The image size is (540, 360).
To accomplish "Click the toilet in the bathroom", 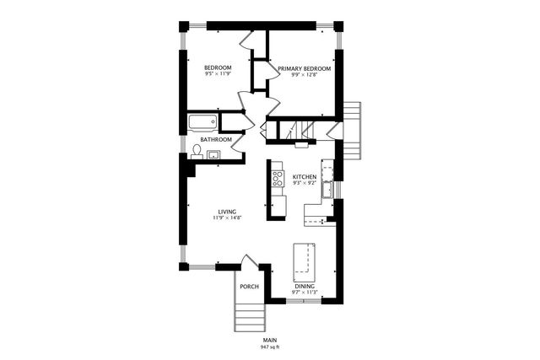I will point(197,152).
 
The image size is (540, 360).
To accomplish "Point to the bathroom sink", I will point(213,154).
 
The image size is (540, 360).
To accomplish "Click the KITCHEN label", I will point(305,176).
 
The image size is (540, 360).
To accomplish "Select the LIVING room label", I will point(227,211).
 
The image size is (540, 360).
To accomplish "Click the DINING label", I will point(305,287).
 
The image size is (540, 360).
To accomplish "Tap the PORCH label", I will point(249,287).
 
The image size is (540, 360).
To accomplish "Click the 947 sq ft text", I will point(270,347).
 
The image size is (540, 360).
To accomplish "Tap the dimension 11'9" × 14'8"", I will point(227,218).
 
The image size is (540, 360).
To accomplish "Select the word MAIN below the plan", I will point(270,341).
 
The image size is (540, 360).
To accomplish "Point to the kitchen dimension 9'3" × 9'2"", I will point(305,183).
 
